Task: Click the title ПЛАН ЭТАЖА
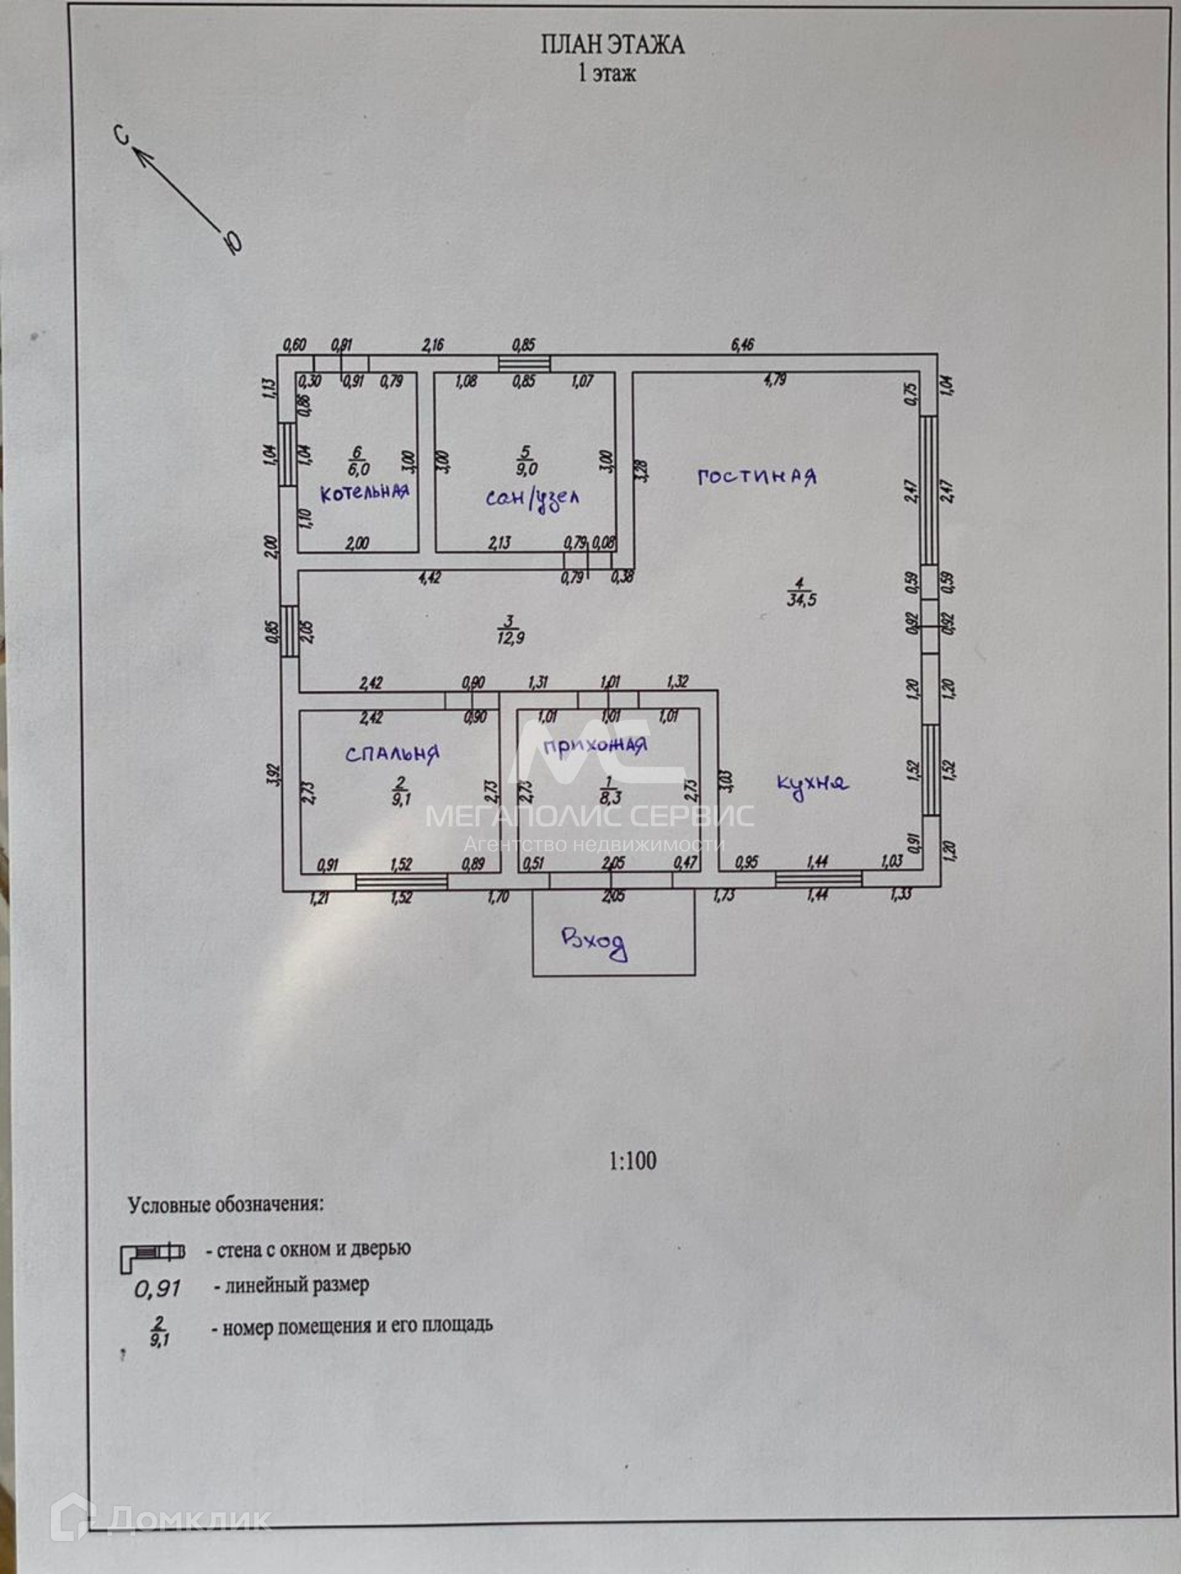[612, 44]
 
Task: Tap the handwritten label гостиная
[756, 476]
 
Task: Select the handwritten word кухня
[812, 785]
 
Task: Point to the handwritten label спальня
[392, 753]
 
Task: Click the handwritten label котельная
[364, 493]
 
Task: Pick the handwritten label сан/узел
[532, 498]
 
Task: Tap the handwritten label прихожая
[595, 746]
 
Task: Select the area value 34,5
[801, 599]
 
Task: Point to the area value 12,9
[510, 638]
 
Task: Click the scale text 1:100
[632, 1161]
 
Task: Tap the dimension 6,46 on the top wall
[742, 345]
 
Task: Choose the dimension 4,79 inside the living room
[775, 380]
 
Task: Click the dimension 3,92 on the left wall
[274, 776]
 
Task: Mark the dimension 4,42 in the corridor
[430, 578]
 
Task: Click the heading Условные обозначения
[226, 1204]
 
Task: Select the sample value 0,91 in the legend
[157, 1289]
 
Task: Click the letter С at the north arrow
[122, 135]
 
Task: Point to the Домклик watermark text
[189, 1519]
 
